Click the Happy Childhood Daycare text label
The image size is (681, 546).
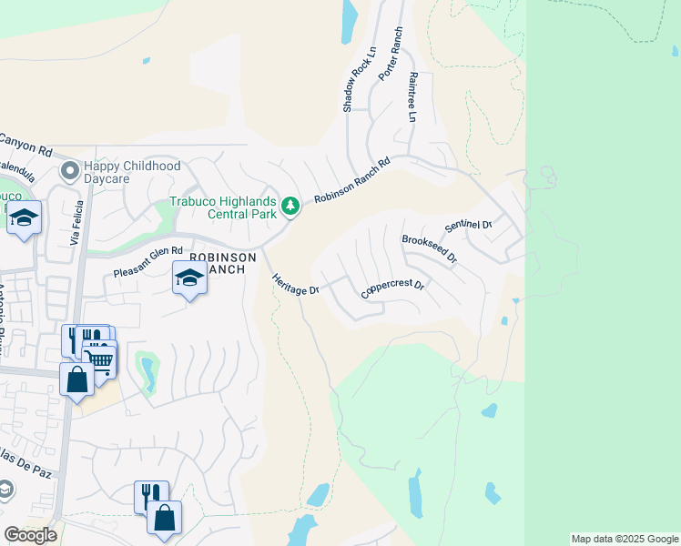point(132,172)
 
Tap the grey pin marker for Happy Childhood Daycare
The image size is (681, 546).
point(68,170)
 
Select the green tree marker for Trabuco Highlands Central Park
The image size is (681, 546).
point(290,207)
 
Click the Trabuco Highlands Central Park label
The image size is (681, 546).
point(223,208)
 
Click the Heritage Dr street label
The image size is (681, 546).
point(295,278)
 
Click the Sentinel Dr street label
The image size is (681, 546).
point(468,225)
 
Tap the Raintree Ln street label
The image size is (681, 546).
point(412,98)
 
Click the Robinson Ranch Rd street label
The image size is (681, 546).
point(351,181)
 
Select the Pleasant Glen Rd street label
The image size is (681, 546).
point(148,262)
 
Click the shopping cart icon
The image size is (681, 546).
point(101,360)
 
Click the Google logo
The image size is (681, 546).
point(30,535)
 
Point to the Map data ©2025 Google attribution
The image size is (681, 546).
point(625,539)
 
